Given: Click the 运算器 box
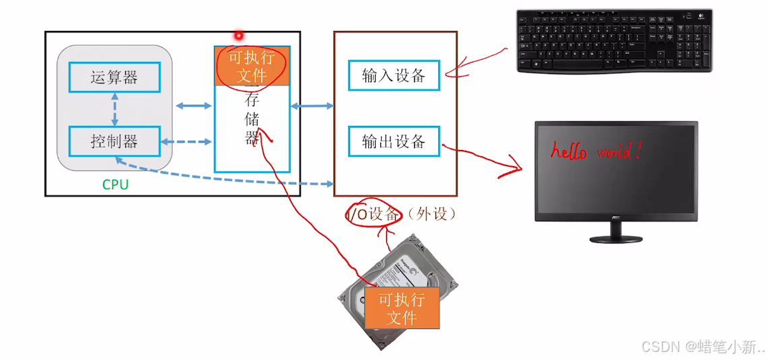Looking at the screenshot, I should click(x=114, y=77).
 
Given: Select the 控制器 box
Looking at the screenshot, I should click(x=114, y=141).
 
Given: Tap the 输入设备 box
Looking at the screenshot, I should click(x=394, y=75).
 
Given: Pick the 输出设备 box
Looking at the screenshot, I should click(x=394, y=141).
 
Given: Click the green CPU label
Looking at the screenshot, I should click(x=115, y=184).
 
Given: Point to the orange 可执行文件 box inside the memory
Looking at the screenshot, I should click(x=252, y=66).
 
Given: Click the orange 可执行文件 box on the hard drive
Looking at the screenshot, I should click(x=402, y=308).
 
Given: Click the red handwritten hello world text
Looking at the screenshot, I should click(x=596, y=151).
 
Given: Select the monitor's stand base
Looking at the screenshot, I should click(x=616, y=238).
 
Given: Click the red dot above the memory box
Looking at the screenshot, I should click(x=238, y=35).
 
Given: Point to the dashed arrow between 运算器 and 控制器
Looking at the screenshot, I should click(x=115, y=110).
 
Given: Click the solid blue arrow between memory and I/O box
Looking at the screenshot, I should click(x=312, y=106).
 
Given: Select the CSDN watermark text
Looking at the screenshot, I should click(x=703, y=347).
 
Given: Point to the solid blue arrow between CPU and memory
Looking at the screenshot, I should click(x=193, y=106).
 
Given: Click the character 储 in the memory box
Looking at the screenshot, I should click(x=252, y=120).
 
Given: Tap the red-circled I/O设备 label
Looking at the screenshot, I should click(x=374, y=214).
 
